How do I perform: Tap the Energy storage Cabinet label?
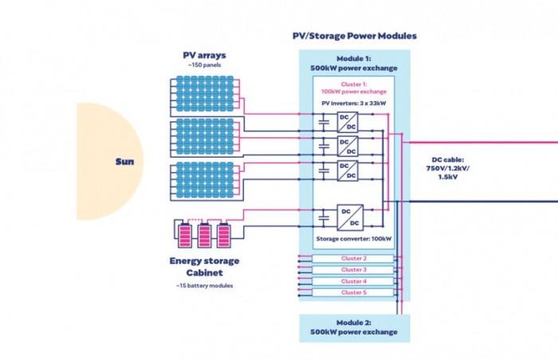[x=204, y=266]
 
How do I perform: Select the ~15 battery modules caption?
[x=204, y=285]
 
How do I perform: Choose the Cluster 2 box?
[x=354, y=258]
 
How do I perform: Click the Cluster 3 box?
[x=354, y=270]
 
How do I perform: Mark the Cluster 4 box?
[x=354, y=281]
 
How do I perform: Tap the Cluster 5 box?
[x=354, y=292]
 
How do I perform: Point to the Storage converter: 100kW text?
[x=353, y=238]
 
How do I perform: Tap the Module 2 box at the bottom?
[x=354, y=327]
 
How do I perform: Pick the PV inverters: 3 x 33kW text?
[x=354, y=102]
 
